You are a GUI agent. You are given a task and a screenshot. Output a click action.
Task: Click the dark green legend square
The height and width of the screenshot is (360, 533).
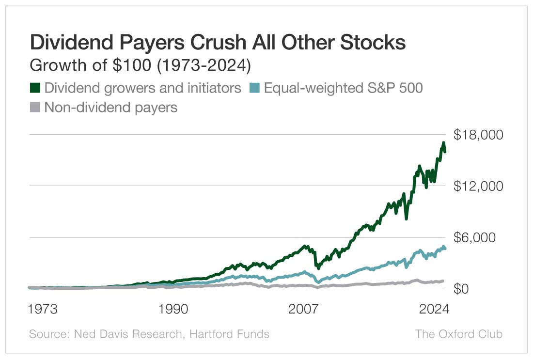35,88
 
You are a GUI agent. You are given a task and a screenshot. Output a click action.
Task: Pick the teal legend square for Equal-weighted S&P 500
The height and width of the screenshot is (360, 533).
255,88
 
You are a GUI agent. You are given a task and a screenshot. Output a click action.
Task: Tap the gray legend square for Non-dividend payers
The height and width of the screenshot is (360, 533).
35,108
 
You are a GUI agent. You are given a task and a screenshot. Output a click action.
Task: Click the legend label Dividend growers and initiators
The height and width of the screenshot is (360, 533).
142,88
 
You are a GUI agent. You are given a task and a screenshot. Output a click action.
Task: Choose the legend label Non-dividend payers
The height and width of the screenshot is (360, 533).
110,108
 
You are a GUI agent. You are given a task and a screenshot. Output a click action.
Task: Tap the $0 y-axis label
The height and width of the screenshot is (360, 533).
464,289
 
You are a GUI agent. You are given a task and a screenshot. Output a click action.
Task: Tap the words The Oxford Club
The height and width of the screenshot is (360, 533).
458,334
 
